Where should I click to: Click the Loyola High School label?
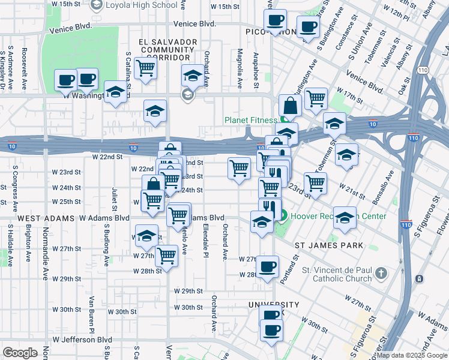coord(141,5)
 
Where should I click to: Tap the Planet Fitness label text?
coord(252,120)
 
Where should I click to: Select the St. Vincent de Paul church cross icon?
coord(381,274)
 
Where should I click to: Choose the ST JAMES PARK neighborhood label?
coord(328,245)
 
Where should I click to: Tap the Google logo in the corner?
coord(20,353)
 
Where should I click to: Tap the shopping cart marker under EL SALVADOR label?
coord(145,68)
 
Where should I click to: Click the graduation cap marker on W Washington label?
coord(115,92)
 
